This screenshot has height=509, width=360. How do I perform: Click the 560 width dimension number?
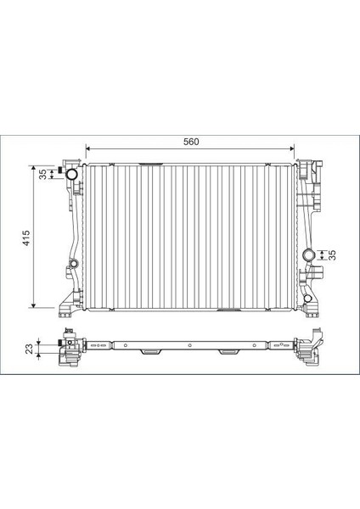tap(190, 142)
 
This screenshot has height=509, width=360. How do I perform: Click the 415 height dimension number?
tap(27, 238)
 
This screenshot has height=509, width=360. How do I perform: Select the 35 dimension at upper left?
tap(42, 174)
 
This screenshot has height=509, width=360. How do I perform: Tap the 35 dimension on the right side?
tap(333, 255)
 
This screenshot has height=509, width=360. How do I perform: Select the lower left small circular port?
tap(74, 266)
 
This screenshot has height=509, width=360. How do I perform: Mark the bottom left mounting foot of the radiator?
tap(68, 302)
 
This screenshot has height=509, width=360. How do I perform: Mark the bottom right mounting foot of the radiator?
tap(312, 302)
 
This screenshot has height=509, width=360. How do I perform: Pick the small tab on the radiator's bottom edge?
tap(228, 310)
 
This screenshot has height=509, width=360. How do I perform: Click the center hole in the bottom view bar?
tap(189, 345)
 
